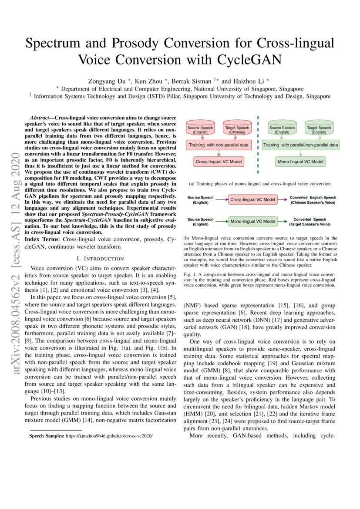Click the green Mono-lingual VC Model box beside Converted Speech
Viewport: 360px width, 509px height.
[253, 221]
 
